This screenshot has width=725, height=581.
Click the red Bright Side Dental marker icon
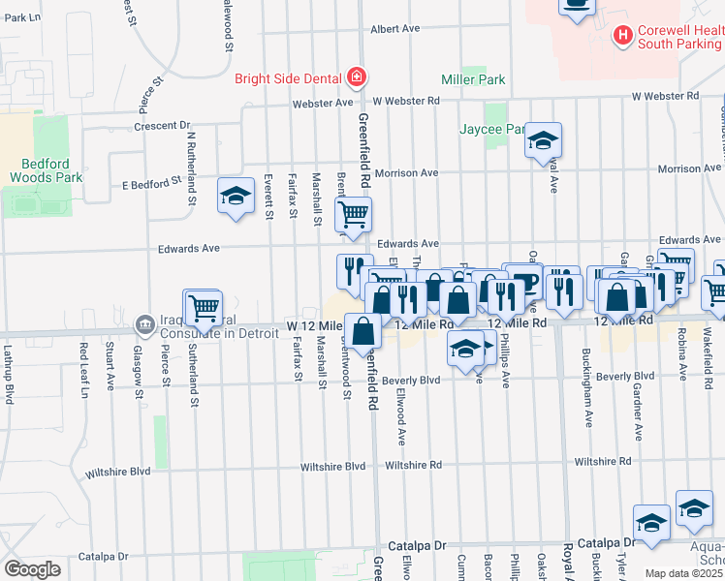pos(357,78)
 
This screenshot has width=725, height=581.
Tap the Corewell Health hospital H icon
pos(623,37)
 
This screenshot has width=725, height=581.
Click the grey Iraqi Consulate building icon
pos(143,322)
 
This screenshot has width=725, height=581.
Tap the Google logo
pos(32,569)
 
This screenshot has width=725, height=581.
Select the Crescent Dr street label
pos(163,126)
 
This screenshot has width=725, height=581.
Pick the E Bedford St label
pos(151,180)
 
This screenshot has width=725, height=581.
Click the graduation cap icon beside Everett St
pos(234,197)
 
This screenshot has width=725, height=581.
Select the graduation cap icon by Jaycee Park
pos(543,141)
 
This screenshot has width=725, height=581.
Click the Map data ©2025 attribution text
pos(683,573)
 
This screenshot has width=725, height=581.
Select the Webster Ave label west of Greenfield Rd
pos(331,102)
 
